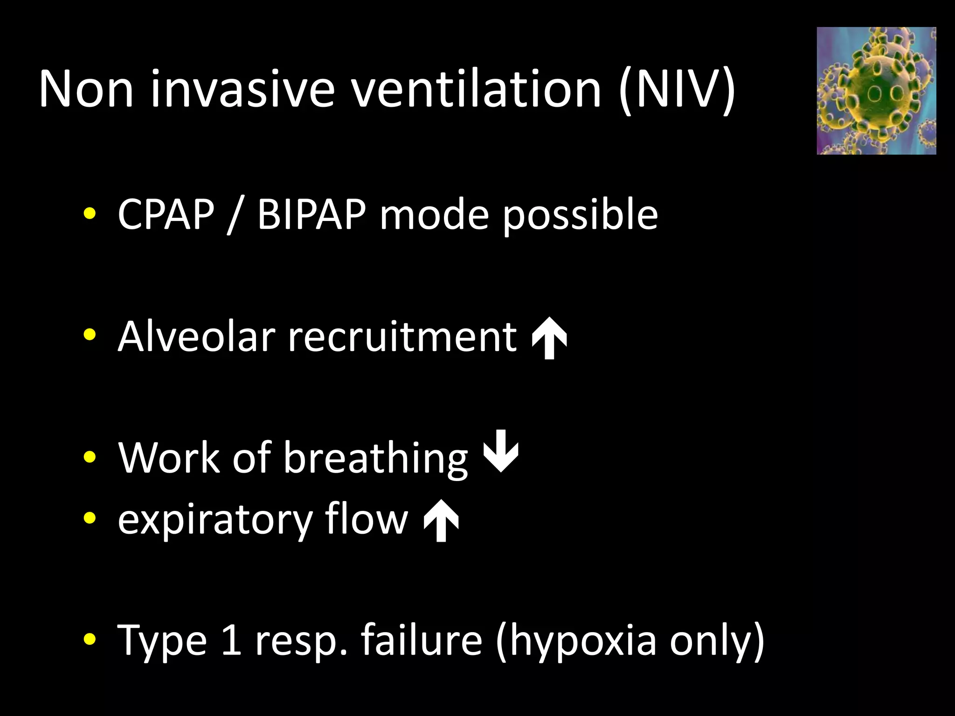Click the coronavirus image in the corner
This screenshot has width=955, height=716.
coord(876,91)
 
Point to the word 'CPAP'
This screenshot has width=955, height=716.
coord(166,214)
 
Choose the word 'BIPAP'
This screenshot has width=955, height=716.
coord(311,214)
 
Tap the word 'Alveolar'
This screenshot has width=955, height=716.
coord(196,336)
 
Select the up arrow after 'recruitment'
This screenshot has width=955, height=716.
coord(550,338)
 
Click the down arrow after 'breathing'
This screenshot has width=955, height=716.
coord(501,451)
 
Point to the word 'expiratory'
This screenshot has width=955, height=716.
coord(215,520)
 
